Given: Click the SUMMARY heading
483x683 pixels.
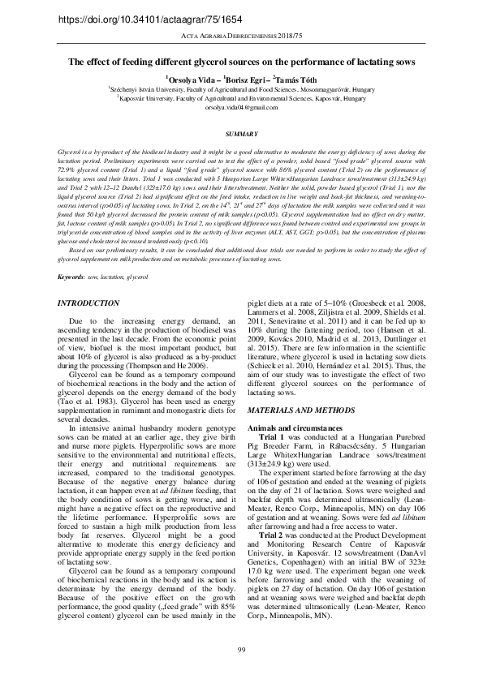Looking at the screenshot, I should point(241,133).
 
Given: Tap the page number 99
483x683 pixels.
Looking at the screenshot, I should point(241,649).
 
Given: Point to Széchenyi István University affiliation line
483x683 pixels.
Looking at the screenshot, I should point(241,89).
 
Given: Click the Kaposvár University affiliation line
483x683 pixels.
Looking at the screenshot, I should point(241,98).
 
